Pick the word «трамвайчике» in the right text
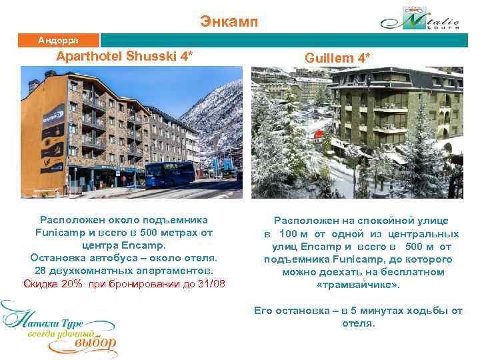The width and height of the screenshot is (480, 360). [x=358, y=285]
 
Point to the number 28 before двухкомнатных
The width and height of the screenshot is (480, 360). [x=39, y=271]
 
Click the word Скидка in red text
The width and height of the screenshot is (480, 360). [x=41, y=284]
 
